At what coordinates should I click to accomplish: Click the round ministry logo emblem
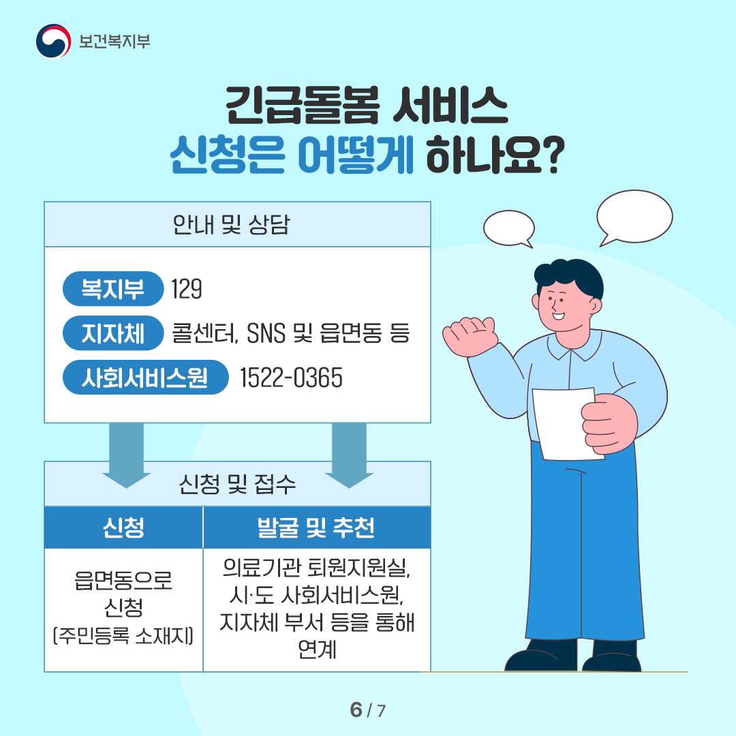click(x=54, y=42)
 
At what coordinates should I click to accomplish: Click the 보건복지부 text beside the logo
click(x=114, y=42)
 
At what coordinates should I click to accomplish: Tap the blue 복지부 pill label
click(x=113, y=289)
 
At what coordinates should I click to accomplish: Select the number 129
click(x=187, y=289)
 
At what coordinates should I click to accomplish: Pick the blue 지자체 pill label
click(x=113, y=333)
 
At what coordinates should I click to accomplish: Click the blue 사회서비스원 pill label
click(x=146, y=378)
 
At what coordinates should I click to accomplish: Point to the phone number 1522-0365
click(x=291, y=378)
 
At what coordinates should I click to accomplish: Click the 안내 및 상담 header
click(x=232, y=224)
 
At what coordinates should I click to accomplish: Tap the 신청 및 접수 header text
click(x=238, y=484)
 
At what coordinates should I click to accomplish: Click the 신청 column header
click(x=123, y=527)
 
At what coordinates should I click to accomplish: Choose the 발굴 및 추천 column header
click(x=316, y=527)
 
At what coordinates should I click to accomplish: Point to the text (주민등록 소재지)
click(x=123, y=636)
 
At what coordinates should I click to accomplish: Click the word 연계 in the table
click(x=317, y=649)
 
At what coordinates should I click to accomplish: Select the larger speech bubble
click(x=634, y=217)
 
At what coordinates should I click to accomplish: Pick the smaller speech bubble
click(x=509, y=228)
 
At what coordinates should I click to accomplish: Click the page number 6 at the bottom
click(x=356, y=709)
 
